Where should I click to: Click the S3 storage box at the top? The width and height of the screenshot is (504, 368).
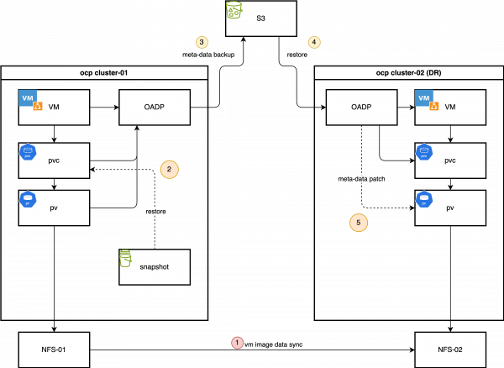260,18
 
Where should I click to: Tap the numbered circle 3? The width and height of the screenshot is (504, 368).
201,42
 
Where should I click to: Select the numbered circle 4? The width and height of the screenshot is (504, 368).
314,42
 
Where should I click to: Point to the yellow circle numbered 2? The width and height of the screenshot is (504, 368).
170,170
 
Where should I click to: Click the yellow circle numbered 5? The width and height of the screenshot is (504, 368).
359,223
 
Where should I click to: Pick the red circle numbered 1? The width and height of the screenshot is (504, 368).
237,343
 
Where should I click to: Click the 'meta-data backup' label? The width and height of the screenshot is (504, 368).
208,55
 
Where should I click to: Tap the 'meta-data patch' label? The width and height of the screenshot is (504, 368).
361,178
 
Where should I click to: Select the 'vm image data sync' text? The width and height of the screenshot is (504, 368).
273,344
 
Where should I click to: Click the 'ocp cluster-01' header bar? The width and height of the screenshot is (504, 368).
104,73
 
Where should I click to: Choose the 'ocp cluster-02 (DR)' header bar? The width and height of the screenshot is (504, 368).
408,73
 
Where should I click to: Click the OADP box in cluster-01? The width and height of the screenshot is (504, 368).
155,108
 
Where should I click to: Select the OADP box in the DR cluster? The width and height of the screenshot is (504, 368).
361,108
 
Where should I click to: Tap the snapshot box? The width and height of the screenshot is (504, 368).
155,266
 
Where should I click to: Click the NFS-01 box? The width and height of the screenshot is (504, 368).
54,349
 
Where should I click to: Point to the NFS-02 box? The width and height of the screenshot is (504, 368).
450,349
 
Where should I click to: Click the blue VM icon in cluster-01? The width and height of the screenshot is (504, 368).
28,98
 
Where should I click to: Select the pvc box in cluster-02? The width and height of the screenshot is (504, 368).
450,160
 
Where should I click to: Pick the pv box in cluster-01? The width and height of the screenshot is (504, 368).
54,208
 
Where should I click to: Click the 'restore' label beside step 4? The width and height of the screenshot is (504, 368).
297,55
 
